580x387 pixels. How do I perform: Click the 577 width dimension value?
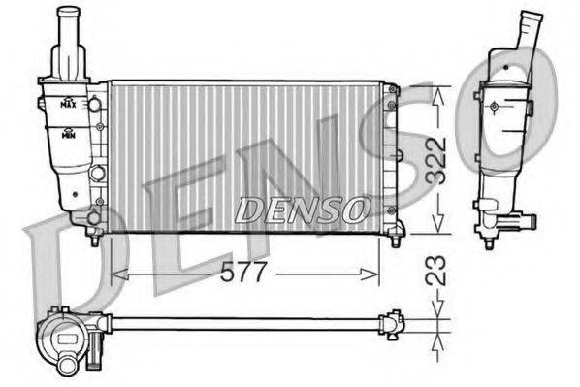(x=242, y=273)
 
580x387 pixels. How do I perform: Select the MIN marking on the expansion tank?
(x=69, y=136)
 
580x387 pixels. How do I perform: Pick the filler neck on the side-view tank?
(x=530, y=33)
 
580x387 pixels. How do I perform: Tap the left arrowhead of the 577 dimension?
(x=115, y=274)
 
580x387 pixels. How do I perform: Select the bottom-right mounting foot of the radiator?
(x=395, y=239)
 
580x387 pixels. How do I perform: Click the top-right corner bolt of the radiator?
(x=392, y=90)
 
